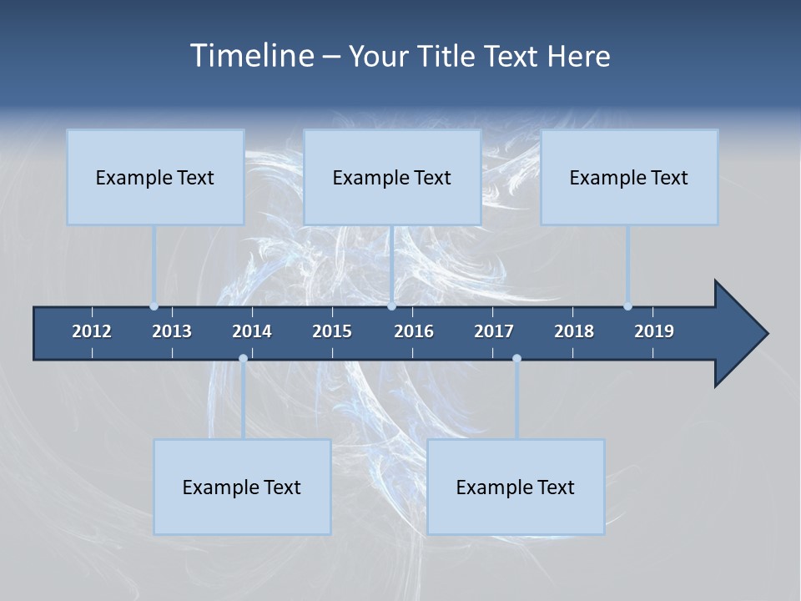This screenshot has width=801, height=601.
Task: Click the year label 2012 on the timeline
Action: coord(92,331)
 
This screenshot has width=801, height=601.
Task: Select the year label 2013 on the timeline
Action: coord(172,331)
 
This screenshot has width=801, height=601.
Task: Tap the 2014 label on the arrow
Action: coord(252,331)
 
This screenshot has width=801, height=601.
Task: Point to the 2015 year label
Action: coord(332,331)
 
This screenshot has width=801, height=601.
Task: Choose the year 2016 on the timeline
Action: coord(414,331)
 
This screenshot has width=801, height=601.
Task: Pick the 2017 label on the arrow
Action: coord(494,331)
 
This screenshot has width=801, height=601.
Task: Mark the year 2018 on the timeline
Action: coord(574,331)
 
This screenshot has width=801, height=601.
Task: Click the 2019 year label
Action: coord(654,331)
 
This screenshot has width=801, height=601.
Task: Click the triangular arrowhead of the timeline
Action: coord(738,334)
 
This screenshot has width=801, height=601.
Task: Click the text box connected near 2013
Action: coord(155,177)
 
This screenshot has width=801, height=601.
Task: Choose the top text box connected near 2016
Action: coord(392,177)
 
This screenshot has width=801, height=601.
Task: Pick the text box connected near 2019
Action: coord(629,177)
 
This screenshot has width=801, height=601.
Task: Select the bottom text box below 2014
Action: coord(242,487)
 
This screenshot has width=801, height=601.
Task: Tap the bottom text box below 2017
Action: coord(516,487)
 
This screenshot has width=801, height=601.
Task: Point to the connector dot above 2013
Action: coord(154,306)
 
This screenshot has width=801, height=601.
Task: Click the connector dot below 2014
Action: coord(243,359)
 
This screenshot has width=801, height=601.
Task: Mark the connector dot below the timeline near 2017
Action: coord(516,359)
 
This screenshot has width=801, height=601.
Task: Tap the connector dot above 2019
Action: coord(627,306)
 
